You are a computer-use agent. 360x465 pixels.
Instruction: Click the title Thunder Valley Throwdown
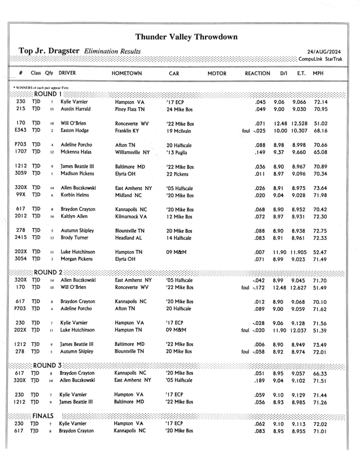click(x=186, y=37)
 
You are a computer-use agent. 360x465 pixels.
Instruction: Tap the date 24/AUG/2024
click(x=324, y=52)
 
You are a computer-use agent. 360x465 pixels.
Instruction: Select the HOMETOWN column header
click(x=127, y=73)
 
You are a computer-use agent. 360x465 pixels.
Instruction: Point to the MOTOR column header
click(x=217, y=73)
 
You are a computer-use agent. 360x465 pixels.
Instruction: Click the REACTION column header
click(x=257, y=73)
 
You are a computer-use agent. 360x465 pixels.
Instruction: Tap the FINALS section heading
click(x=43, y=416)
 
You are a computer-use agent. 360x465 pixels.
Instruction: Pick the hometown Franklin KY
click(x=129, y=131)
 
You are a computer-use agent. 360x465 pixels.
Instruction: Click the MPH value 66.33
click(x=321, y=373)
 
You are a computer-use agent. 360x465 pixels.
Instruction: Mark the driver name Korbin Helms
click(x=75, y=195)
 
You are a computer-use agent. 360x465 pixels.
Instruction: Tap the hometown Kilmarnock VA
click(x=131, y=217)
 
